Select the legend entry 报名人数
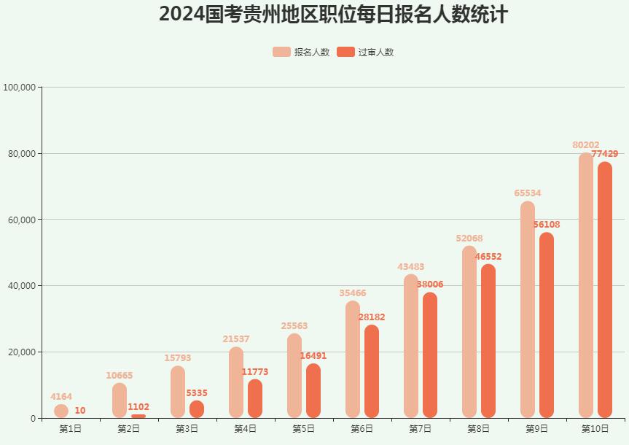pyautogui.click(x=301, y=52)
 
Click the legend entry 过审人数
pyautogui.click(x=366, y=52)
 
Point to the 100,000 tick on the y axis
pyautogui.click(x=20, y=88)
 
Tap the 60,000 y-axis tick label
pyautogui.click(x=22, y=220)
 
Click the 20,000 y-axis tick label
pyautogui.click(x=22, y=352)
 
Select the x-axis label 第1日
pyautogui.click(x=71, y=429)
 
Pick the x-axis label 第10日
pyautogui.click(x=595, y=429)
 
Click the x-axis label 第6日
pyautogui.click(x=362, y=429)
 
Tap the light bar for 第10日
pyautogui.click(x=586, y=285)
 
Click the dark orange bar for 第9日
pyautogui.click(x=547, y=325)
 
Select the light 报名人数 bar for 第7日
pyautogui.click(x=411, y=346)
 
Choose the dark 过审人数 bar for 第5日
pyautogui.click(x=313, y=390)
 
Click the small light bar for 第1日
pyautogui.click(x=61, y=411)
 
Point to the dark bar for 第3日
pyautogui.click(x=197, y=409)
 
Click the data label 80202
pyautogui.click(x=586, y=145)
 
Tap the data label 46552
pyautogui.click(x=488, y=257)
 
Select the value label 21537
pyautogui.click(x=236, y=339)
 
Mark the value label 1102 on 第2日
pyautogui.click(x=138, y=407)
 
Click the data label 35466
pyautogui.click(x=353, y=293)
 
